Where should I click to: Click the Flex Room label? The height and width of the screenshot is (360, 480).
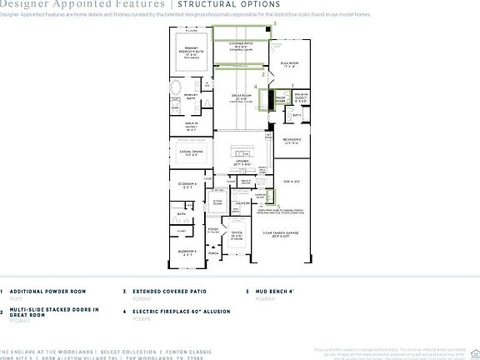coord(289,65)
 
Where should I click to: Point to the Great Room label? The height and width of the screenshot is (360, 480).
coord(239,100)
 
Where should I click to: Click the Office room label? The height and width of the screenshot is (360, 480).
coord(236,235)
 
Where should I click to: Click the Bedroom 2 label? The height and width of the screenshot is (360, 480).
coord(291,141)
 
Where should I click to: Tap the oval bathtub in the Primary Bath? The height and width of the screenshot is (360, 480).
coord(177,89)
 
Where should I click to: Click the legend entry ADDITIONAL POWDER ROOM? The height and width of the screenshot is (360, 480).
coord(41,292)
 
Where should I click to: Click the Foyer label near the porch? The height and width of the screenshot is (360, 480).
coord(213,227)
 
